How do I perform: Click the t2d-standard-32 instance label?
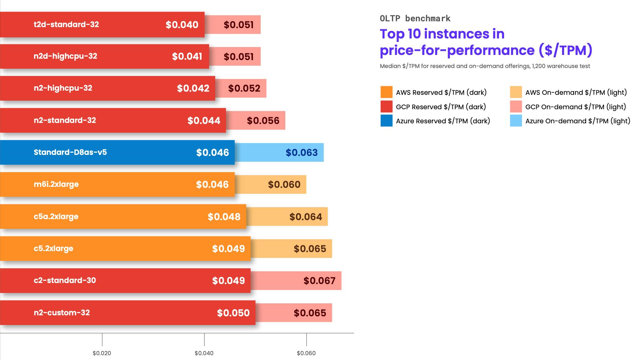66,24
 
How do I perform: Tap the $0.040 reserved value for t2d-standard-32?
182,25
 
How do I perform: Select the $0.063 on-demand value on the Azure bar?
302,153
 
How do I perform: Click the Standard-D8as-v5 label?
70,152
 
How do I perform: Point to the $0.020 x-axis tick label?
102,353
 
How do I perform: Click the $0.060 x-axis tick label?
306,353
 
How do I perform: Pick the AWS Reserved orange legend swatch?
386,92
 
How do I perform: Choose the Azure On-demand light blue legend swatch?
516,121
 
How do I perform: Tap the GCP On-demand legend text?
575,107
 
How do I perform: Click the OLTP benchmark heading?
415,18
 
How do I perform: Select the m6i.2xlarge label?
56,184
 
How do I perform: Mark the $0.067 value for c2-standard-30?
319,281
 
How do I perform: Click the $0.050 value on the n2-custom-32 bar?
233,313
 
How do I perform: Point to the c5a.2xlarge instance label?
56,216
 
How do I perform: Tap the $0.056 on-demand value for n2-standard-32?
263,121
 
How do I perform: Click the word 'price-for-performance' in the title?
457,50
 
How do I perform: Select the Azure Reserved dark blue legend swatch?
386,121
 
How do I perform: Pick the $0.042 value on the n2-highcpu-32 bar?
193,88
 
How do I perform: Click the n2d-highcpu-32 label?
65,56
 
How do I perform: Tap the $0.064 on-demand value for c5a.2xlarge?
306,217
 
